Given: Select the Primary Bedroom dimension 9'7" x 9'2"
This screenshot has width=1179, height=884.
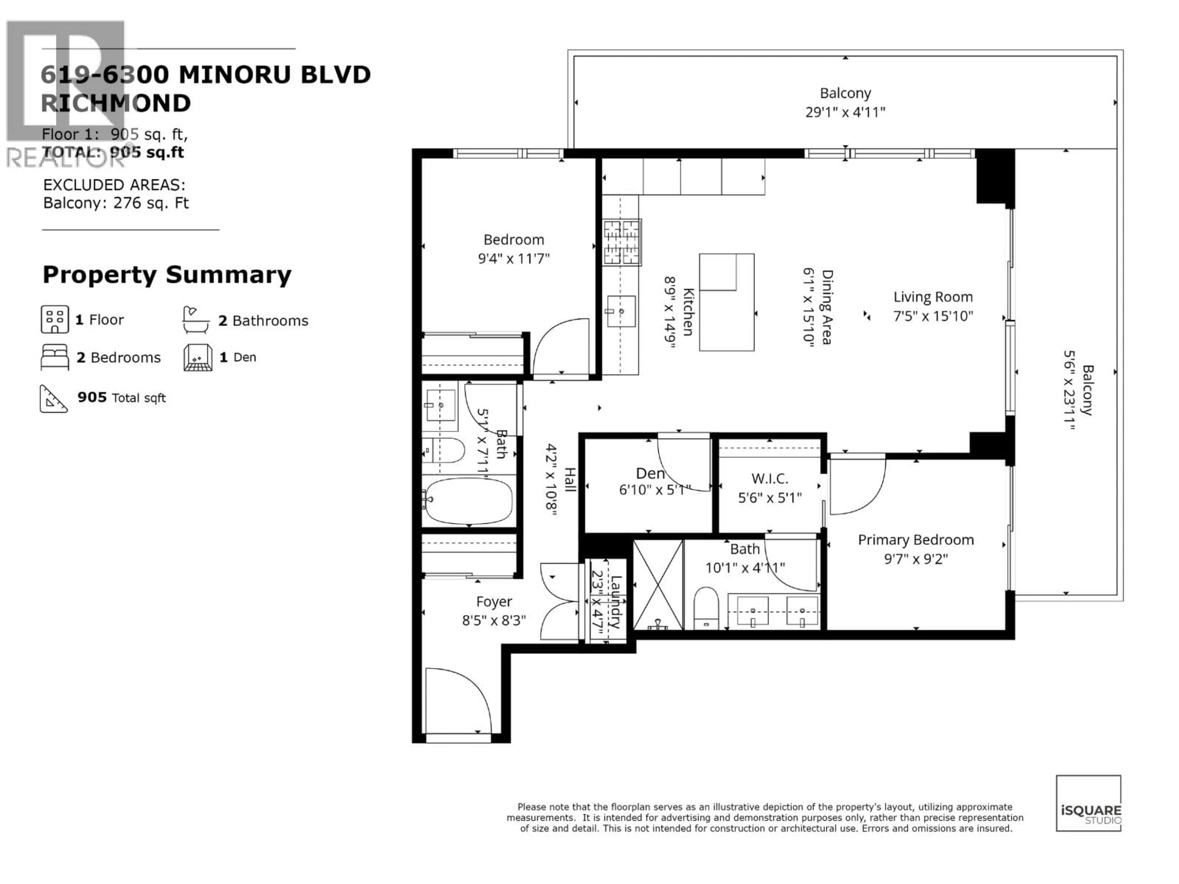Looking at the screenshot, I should (x=916, y=559).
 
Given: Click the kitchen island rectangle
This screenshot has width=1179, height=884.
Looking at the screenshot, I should (x=726, y=302).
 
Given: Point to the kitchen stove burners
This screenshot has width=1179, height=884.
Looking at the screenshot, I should (x=621, y=242).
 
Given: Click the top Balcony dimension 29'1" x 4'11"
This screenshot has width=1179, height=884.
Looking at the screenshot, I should (x=845, y=112).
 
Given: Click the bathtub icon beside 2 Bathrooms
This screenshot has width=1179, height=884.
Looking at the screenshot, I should (x=196, y=320).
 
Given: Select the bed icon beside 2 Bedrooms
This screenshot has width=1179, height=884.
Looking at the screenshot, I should (x=54, y=357).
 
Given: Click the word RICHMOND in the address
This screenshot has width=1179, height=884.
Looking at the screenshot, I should (x=116, y=103).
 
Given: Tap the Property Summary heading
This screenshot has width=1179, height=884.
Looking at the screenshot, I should (x=167, y=275).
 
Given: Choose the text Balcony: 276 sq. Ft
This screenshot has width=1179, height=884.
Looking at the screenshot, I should (x=116, y=203).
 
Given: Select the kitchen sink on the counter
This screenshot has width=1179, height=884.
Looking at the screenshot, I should (x=621, y=311).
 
